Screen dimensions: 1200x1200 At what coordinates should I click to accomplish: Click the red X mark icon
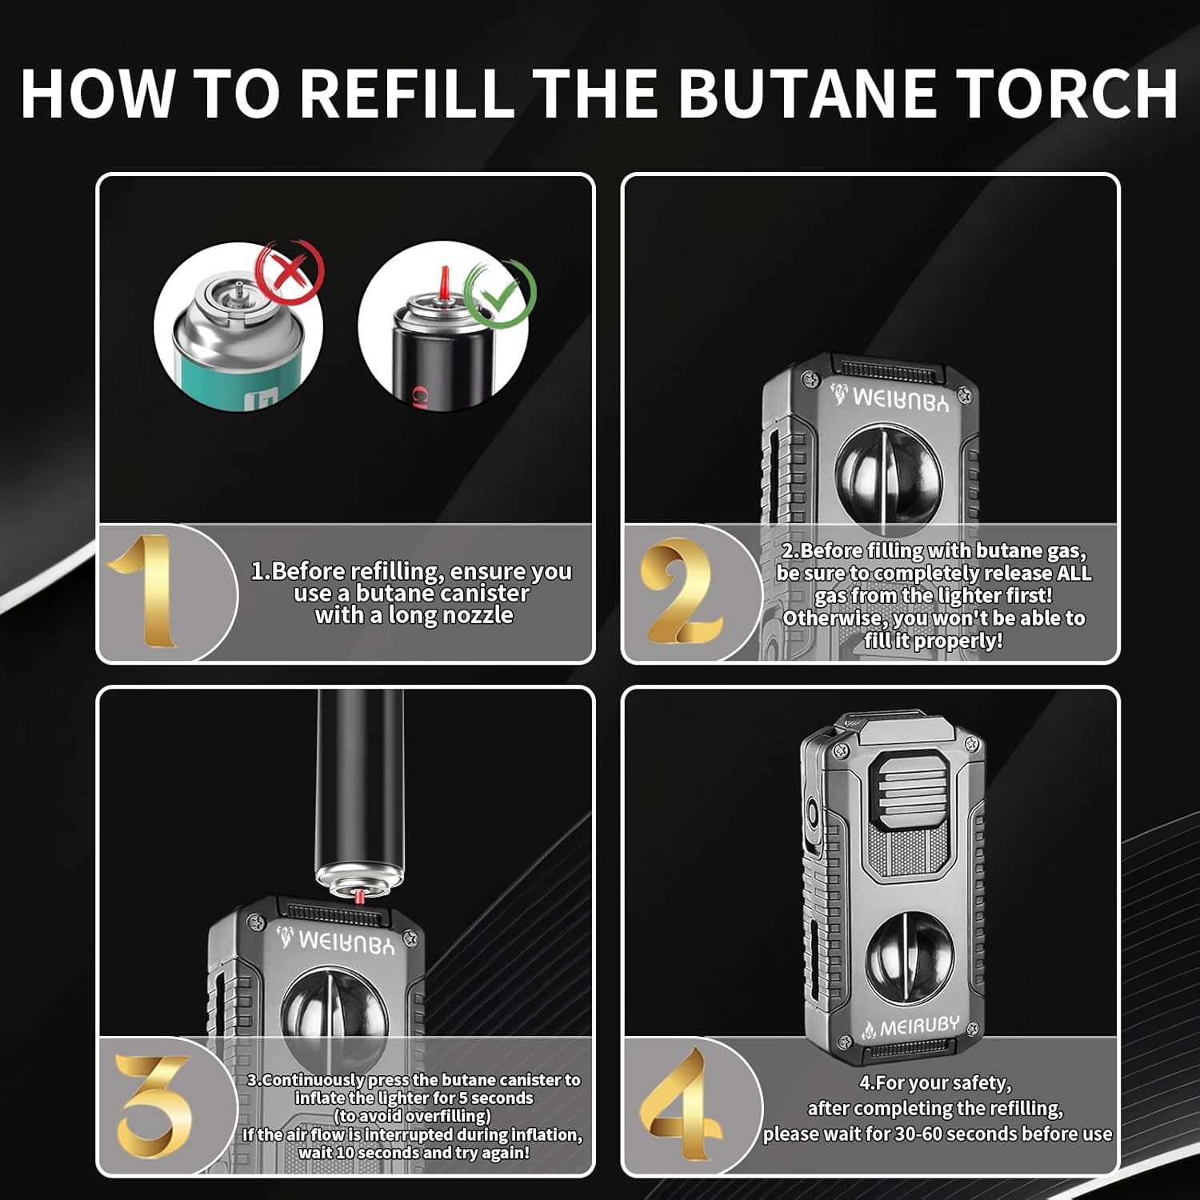point(290,270)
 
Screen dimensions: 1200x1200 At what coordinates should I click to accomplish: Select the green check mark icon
point(501,294)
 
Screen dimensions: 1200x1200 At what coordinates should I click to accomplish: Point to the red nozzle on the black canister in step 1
point(442,282)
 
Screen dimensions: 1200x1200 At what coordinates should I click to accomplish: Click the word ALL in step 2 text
point(1074,573)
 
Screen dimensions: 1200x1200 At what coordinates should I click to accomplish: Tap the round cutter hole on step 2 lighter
point(887,472)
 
